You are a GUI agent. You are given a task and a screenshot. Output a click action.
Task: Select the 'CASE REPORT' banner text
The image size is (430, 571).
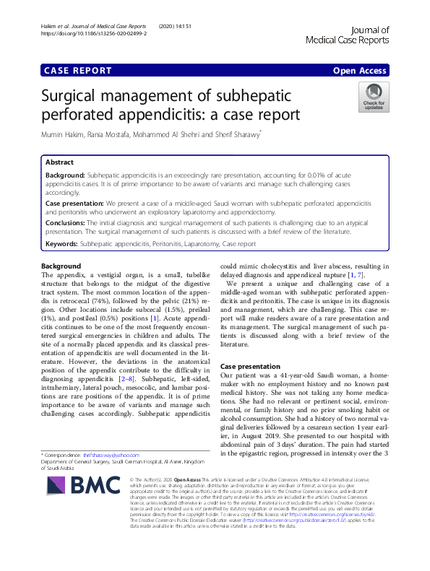(x=78, y=71)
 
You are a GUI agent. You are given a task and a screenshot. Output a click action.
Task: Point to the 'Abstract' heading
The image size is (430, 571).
(x=59, y=163)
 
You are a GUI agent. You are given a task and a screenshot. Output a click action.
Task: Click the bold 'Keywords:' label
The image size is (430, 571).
(x=61, y=245)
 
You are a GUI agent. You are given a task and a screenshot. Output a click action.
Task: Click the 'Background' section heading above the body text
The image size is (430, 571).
(x=61, y=267)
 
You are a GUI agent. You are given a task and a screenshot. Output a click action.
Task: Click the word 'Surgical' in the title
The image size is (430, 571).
(x=74, y=95)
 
